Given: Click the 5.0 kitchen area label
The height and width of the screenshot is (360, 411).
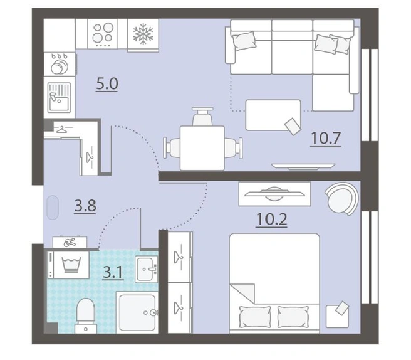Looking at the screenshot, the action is coord(107,84).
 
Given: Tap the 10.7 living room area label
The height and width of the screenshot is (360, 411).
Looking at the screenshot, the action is coord(325,138).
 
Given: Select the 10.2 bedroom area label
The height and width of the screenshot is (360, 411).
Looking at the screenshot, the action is coord(271,220).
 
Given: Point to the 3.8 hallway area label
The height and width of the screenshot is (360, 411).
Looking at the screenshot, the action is coord(85,206).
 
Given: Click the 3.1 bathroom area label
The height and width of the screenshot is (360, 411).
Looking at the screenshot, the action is coord(113,272).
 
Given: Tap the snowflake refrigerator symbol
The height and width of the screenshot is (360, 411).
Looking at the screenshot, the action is coord(143,34).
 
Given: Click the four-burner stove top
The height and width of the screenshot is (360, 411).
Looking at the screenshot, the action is coord(103,34).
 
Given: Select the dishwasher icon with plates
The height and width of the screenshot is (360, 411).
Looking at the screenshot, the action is coord(60,64).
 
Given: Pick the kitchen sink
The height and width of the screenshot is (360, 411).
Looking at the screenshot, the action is coord(60,97).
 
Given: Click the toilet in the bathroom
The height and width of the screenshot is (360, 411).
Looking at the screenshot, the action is coord(85,316).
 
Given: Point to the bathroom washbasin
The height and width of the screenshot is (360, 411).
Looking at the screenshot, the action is coord(146,269).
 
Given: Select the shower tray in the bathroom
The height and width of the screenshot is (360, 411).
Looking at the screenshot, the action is coord(137,312).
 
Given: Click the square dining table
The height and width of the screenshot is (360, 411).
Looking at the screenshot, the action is coord(202,148).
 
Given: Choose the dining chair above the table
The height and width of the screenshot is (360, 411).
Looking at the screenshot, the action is coord(202,116).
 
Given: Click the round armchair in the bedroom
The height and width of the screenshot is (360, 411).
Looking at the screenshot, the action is coord(341,198).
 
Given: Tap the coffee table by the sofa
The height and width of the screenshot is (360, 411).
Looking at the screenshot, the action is coord(273,115).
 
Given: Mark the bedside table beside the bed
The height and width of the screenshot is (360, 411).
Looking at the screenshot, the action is coord(337,316).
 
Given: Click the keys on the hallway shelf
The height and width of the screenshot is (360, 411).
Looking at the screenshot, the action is coord(70,243).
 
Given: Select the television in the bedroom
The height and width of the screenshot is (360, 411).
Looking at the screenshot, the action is coord(274,194).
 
